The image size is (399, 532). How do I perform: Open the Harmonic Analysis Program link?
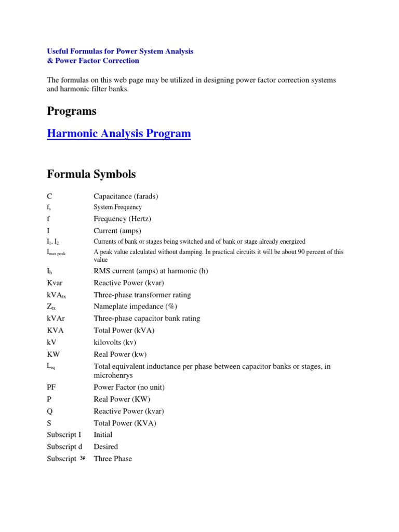(x=118, y=134)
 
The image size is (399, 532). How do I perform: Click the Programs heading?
(x=71, y=111)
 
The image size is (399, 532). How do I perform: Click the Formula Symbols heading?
(x=91, y=174)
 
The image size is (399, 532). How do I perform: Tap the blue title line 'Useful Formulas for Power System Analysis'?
(x=120, y=51)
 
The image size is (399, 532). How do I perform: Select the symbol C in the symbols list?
(x=49, y=196)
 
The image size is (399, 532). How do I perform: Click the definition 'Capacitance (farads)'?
(x=126, y=196)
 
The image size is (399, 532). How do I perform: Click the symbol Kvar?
(x=55, y=283)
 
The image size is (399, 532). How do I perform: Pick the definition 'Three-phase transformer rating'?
(x=142, y=295)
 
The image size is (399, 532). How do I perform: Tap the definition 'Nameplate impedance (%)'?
(x=135, y=307)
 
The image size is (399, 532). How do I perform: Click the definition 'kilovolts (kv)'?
(x=115, y=342)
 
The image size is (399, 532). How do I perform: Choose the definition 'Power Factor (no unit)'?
(x=129, y=387)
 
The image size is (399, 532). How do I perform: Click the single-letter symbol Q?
(x=49, y=411)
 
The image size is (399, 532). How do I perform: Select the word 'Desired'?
(x=105, y=447)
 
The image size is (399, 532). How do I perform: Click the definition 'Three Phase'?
(x=113, y=459)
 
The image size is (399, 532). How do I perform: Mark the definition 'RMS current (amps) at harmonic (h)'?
(x=150, y=271)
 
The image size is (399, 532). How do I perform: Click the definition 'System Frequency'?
(x=117, y=207)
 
